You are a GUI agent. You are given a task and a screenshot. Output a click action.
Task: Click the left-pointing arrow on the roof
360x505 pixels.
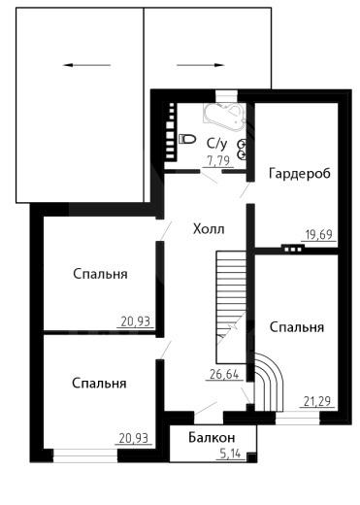[x=86, y=65]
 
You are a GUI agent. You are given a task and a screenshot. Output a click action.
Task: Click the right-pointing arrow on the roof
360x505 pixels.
[x=201, y=65]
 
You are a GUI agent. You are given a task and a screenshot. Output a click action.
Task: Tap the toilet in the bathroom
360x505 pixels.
[x=187, y=139]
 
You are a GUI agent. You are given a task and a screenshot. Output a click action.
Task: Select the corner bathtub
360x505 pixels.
[x=224, y=117]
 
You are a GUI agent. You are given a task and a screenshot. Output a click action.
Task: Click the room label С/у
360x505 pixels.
[x=217, y=144]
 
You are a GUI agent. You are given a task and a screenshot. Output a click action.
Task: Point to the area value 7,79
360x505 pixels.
[x=218, y=160]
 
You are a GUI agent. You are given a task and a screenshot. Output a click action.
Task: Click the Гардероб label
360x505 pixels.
[x=300, y=174]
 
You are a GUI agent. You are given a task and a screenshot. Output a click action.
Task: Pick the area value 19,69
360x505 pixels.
[x=319, y=234]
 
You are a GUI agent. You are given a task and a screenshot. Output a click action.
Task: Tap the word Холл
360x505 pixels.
[x=209, y=229]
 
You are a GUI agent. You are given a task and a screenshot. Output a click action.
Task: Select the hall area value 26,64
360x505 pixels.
[x=224, y=375]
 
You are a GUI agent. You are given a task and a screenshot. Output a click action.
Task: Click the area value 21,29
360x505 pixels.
[x=317, y=401]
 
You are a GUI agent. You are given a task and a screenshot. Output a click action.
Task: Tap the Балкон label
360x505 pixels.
[x=212, y=438]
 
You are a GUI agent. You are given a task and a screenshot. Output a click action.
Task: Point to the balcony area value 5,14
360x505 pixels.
[x=230, y=454]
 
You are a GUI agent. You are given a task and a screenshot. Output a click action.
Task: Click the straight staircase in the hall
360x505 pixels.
[x=231, y=307]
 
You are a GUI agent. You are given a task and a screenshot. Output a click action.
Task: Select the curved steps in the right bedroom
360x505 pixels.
[x=269, y=382]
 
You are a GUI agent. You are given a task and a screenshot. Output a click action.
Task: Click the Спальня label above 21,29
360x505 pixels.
[x=297, y=327]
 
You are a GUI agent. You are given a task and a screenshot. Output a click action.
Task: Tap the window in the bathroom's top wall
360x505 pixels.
[x=226, y=96]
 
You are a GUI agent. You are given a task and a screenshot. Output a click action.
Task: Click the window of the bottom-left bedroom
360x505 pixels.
[x=85, y=455]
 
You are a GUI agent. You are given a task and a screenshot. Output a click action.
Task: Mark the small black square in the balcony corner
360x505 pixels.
[x=251, y=457]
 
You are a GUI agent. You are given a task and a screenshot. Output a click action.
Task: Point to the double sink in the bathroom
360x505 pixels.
[x=243, y=150]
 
